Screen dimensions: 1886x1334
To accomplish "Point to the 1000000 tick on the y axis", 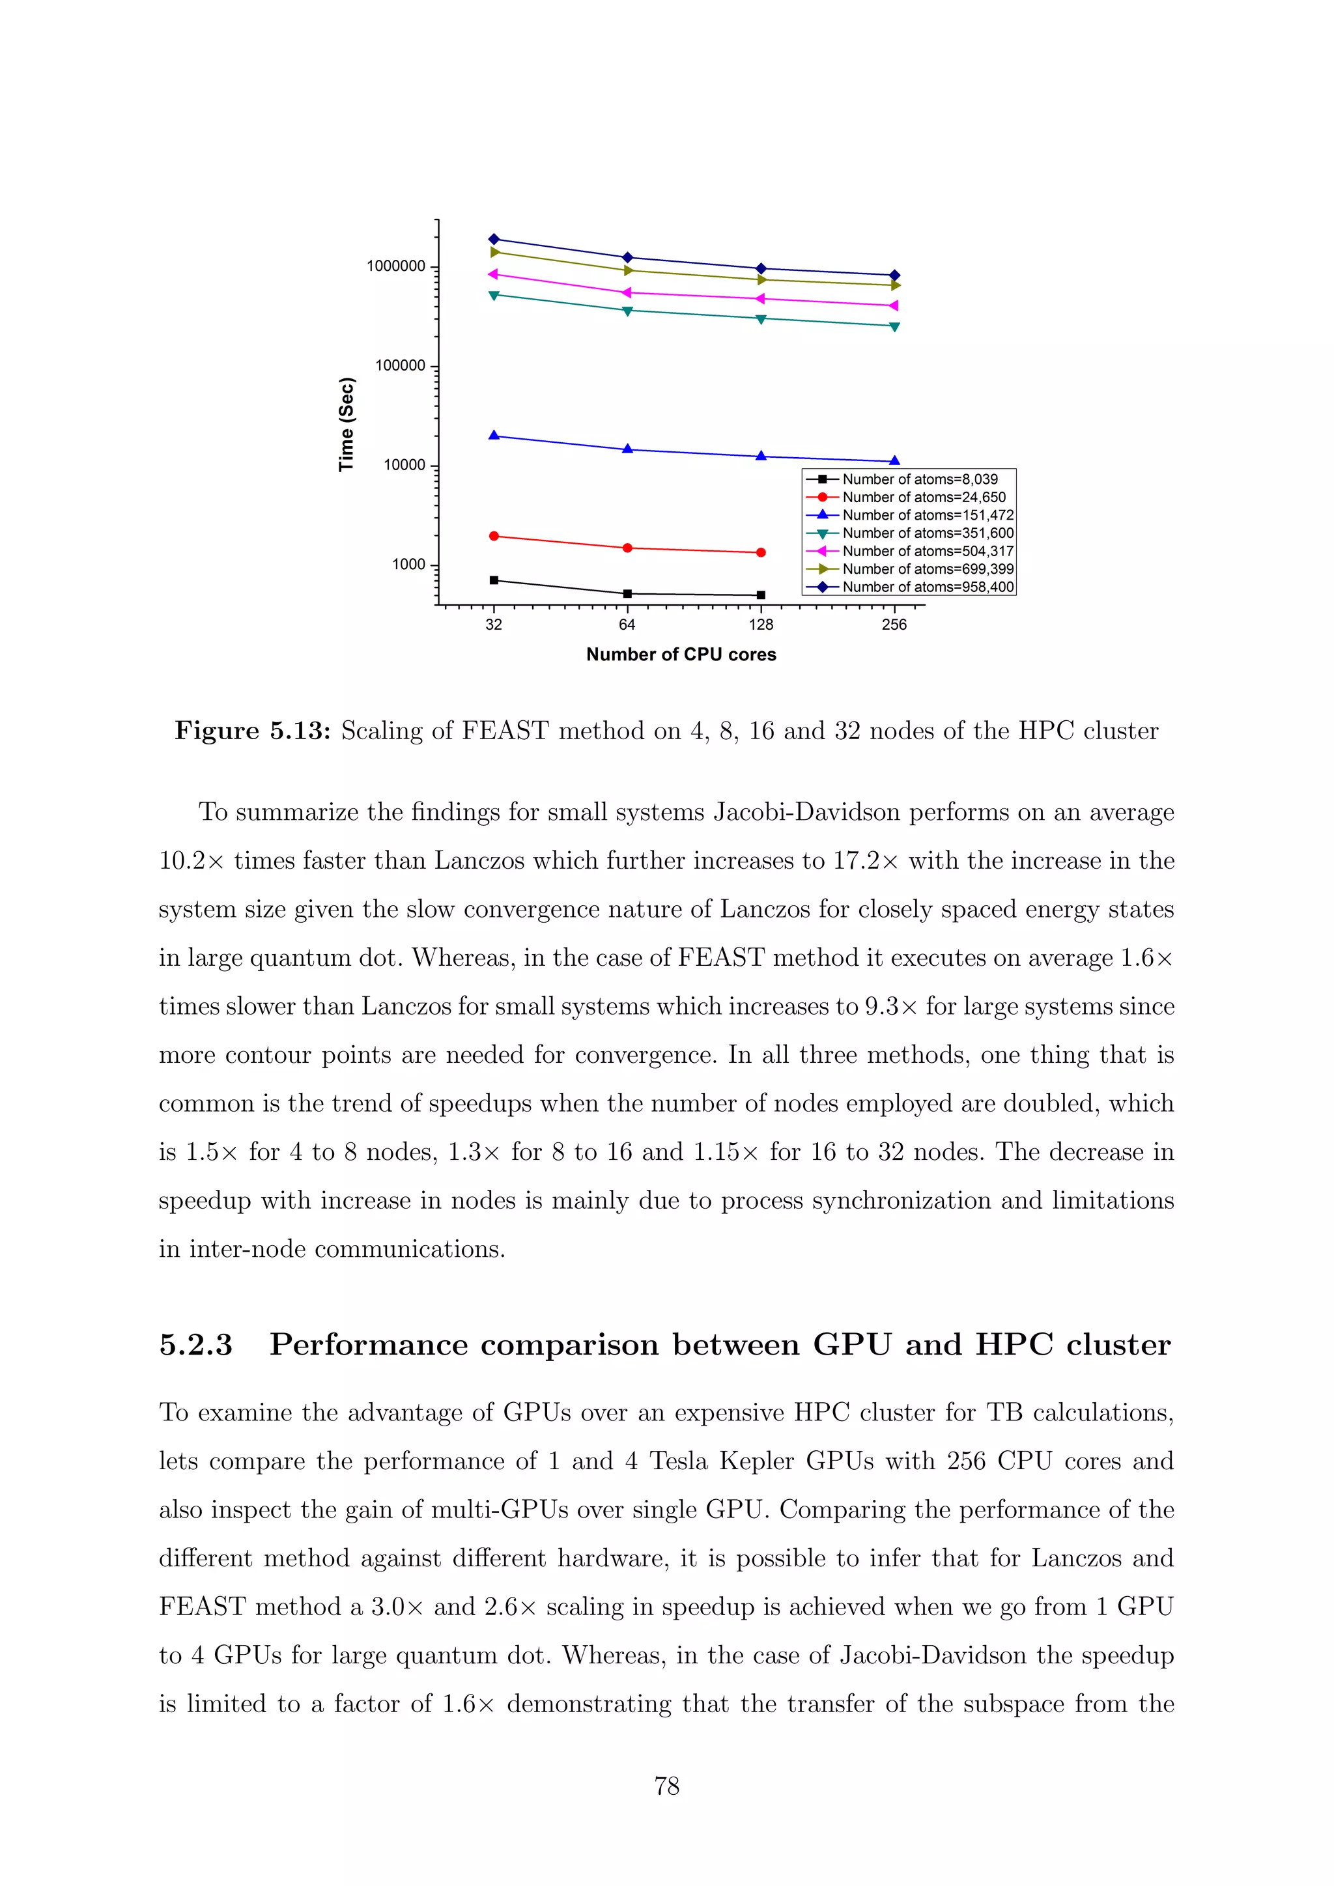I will click(396, 266).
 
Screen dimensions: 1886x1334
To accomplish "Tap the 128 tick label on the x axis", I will click(761, 625).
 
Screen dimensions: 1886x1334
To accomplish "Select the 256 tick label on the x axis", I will click(894, 625).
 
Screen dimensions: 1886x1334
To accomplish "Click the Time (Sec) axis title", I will click(347, 424).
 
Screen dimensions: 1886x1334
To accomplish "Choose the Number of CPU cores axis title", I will click(681, 654).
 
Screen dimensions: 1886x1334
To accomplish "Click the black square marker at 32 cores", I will click(494, 580).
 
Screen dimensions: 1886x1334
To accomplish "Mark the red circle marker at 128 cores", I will click(761, 553).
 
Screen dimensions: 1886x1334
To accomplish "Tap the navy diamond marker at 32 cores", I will click(494, 239).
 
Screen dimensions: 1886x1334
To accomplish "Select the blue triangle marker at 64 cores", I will click(627, 449).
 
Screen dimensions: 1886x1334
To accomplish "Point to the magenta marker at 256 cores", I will click(894, 305).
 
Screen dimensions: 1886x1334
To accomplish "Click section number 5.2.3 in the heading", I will click(195, 1345).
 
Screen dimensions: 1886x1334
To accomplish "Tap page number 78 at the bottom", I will click(666, 1786).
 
